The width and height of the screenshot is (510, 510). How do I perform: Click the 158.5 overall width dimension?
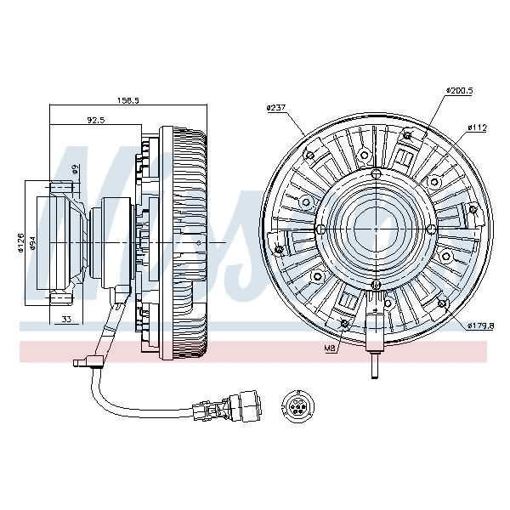coord(128,99)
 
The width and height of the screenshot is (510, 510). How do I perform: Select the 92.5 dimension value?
coord(95,121)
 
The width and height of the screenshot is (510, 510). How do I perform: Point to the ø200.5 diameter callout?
coord(459,89)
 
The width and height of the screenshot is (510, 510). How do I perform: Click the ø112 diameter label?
coord(476,127)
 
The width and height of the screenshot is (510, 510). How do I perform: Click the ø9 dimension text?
coord(75,168)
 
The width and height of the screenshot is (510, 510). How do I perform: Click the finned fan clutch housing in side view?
coord(183,238)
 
